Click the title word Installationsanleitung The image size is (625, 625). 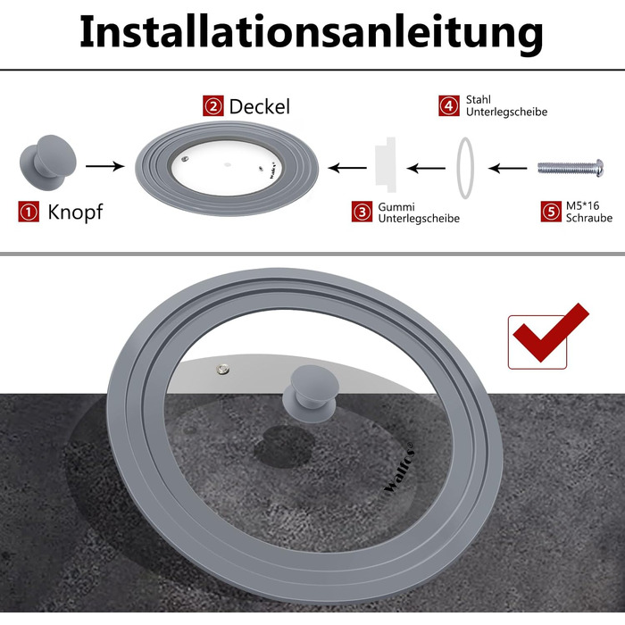click(312, 33)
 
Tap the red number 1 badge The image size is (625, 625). click(29, 212)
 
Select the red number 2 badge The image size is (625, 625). click(213, 105)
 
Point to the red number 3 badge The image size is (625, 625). click(362, 212)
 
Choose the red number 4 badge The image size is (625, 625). click(449, 105)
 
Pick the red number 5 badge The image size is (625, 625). click(551, 212)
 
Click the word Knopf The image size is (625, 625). click(75, 212)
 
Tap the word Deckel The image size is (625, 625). click(260, 107)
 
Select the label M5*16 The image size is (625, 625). click(582, 205)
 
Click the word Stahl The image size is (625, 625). click(479, 100)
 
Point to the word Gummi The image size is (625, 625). click(396, 207)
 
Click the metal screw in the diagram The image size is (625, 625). click(571, 168)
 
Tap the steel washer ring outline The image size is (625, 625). click(457, 168)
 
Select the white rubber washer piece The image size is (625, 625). click(386, 164)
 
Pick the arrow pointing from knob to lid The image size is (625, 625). click(104, 166)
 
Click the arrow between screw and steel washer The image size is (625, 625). click(507, 168)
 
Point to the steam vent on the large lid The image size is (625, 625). click(223, 369)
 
